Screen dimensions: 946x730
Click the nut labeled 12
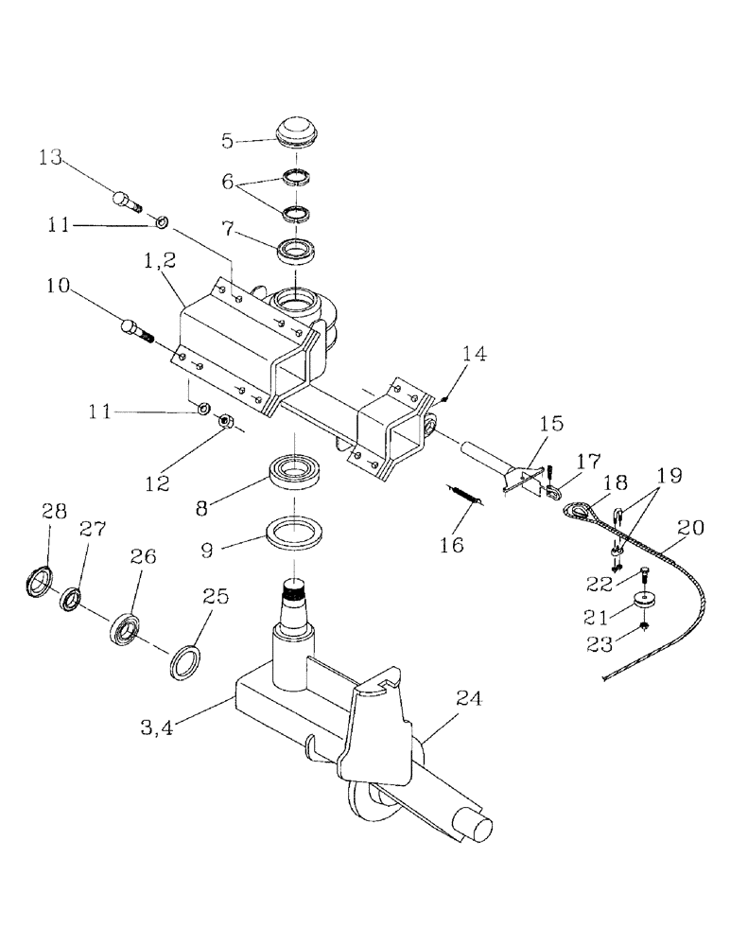pos(226,422)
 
